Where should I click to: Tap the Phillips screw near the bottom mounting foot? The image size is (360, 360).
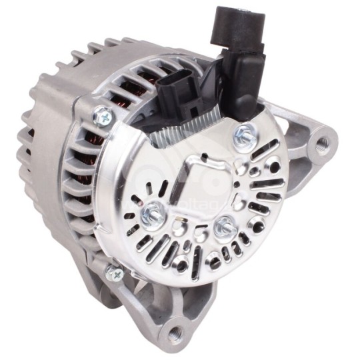pyautogui.click(x=115, y=271)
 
